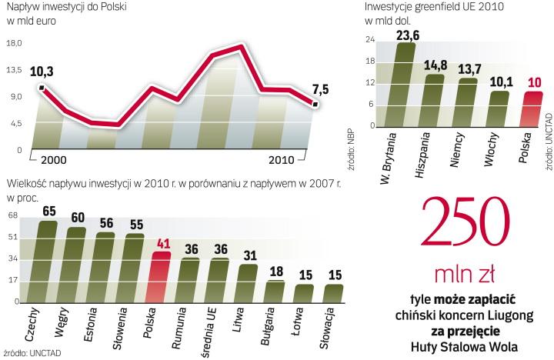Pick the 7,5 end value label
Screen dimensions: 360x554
click(x=319, y=89)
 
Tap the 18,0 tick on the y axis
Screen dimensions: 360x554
click(x=14, y=44)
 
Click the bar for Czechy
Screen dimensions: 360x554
click(x=48, y=262)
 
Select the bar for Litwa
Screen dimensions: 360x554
click(x=247, y=282)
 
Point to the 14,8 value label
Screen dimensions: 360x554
click(x=435, y=65)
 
